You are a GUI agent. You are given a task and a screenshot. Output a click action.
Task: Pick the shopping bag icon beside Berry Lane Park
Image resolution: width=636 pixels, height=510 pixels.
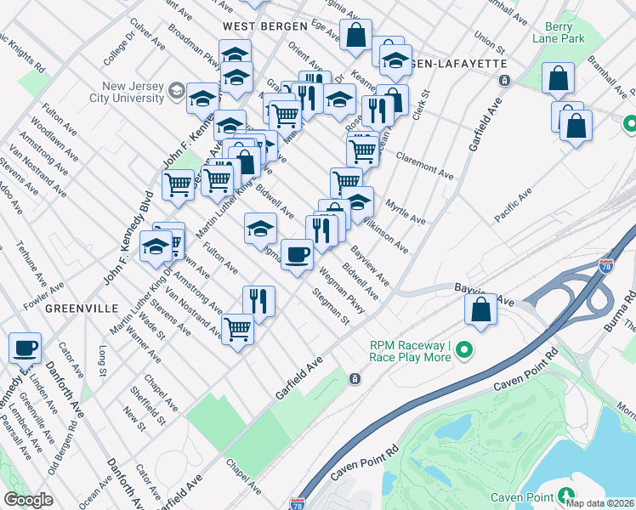point(558,78)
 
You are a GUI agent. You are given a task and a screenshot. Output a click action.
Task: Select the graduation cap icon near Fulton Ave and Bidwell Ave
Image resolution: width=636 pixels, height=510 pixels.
point(261,227)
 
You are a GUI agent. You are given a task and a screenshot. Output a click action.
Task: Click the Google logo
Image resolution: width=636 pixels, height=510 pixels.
point(28,500)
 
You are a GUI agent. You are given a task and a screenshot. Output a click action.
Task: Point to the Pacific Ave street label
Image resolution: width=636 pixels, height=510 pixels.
point(513,207)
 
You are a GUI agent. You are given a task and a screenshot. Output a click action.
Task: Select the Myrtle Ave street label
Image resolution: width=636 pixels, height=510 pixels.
point(405,212)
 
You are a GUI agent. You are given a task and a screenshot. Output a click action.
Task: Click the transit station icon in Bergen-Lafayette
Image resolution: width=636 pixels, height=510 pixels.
point(504,81)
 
